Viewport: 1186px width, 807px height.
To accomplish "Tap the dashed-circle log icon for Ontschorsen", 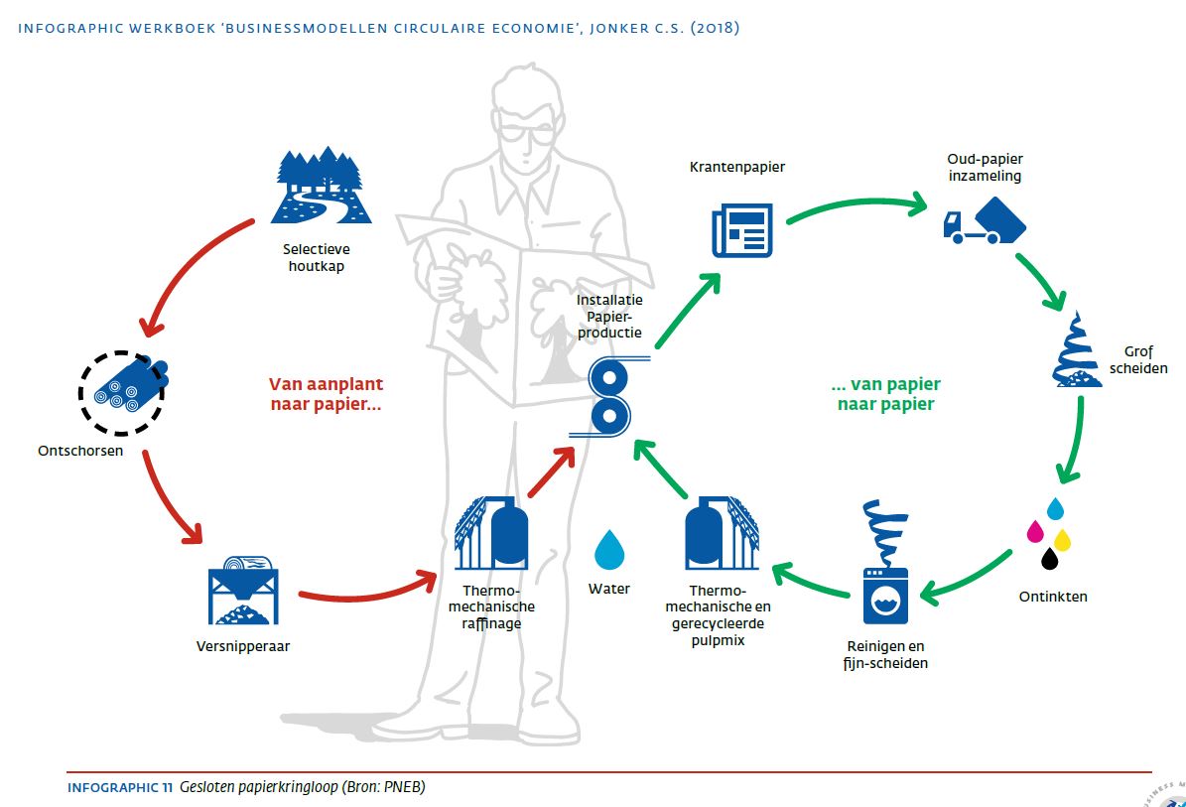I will (122, 392).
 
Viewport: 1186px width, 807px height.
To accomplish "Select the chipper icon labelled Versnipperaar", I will (243, 597).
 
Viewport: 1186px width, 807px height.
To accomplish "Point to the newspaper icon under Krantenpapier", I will (741, 229).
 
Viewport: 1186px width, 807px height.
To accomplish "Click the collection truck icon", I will (984, 221).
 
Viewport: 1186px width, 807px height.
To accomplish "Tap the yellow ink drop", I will (1062, 539).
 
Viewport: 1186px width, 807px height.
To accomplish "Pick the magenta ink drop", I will (1035, 532).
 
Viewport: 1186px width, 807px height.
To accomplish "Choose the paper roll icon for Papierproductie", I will (608, 396).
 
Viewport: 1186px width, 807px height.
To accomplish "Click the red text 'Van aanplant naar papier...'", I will (326, 395).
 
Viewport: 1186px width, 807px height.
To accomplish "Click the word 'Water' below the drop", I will (608, 589).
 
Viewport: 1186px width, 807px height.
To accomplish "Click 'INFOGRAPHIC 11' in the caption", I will (120, 787).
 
